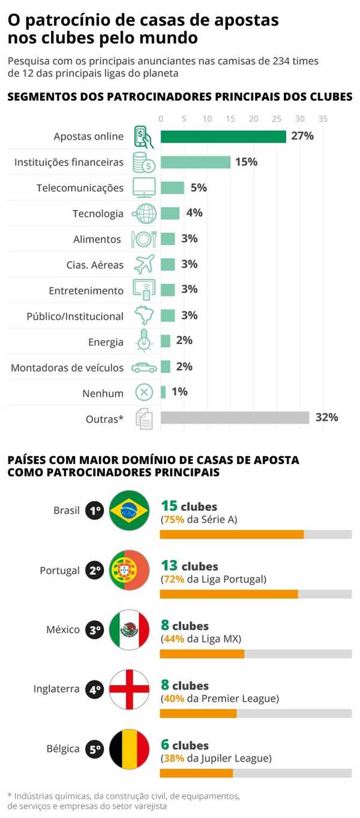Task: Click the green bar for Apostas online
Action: [223, 136]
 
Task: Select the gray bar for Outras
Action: [235, 418]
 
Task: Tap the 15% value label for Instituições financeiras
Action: [246, 162]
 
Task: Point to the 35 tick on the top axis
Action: [323, 119]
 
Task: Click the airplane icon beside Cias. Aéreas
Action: [144, 264]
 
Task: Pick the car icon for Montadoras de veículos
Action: [144, 367]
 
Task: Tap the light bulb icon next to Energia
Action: [144, 341]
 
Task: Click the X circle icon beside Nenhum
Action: [144, 393]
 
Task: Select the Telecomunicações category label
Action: [80, 188]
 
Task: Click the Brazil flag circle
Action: [129, 510]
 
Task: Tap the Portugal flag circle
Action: [129, 570]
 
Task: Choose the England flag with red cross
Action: [129, 689]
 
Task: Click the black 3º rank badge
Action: [95, 630]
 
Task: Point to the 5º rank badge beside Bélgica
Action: [95, 749]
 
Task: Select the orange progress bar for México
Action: [202, 654]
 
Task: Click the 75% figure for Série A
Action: [173, 520]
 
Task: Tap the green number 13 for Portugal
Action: [170, 565]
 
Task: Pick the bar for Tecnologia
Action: [170, 213]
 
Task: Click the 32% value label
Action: [326, 418]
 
